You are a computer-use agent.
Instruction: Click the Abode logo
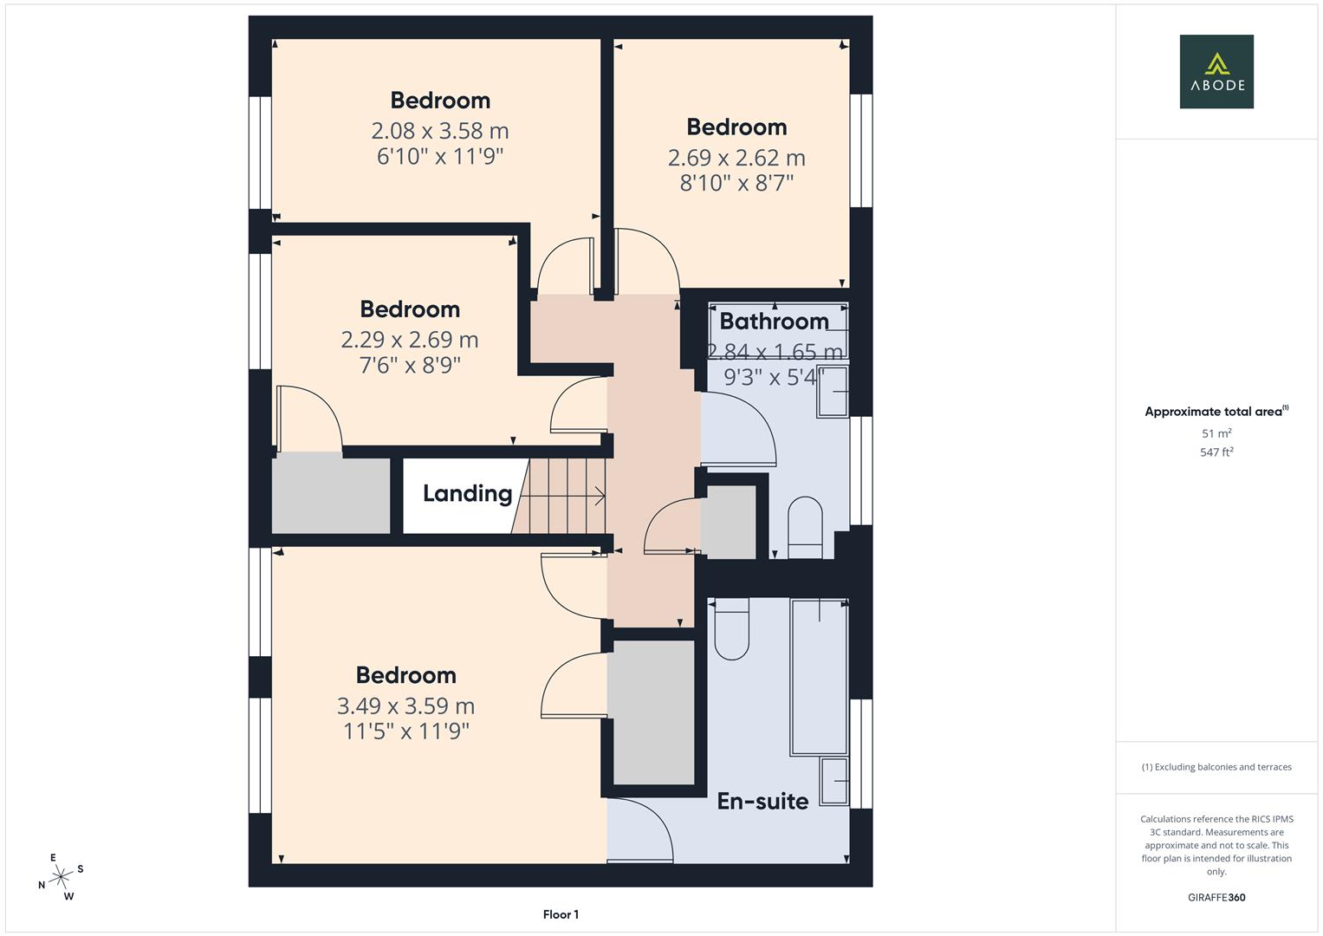1216,72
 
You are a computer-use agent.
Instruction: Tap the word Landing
467,494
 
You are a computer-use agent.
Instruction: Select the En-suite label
762,802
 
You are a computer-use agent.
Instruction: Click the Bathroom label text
774,322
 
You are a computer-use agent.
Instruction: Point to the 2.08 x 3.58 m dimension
439,131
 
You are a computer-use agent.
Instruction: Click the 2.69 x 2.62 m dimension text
736,158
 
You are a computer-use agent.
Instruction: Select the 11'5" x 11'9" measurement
405,731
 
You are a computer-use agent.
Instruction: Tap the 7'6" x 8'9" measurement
409,365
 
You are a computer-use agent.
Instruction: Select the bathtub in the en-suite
819,677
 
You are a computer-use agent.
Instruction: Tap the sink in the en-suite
833,781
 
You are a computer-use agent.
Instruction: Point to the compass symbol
61,877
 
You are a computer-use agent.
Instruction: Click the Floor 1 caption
561,914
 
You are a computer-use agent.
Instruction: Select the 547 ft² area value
1216,452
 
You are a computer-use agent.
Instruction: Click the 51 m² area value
1216,433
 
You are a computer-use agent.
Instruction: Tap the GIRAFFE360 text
1216,898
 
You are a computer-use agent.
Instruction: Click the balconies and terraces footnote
1216,767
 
